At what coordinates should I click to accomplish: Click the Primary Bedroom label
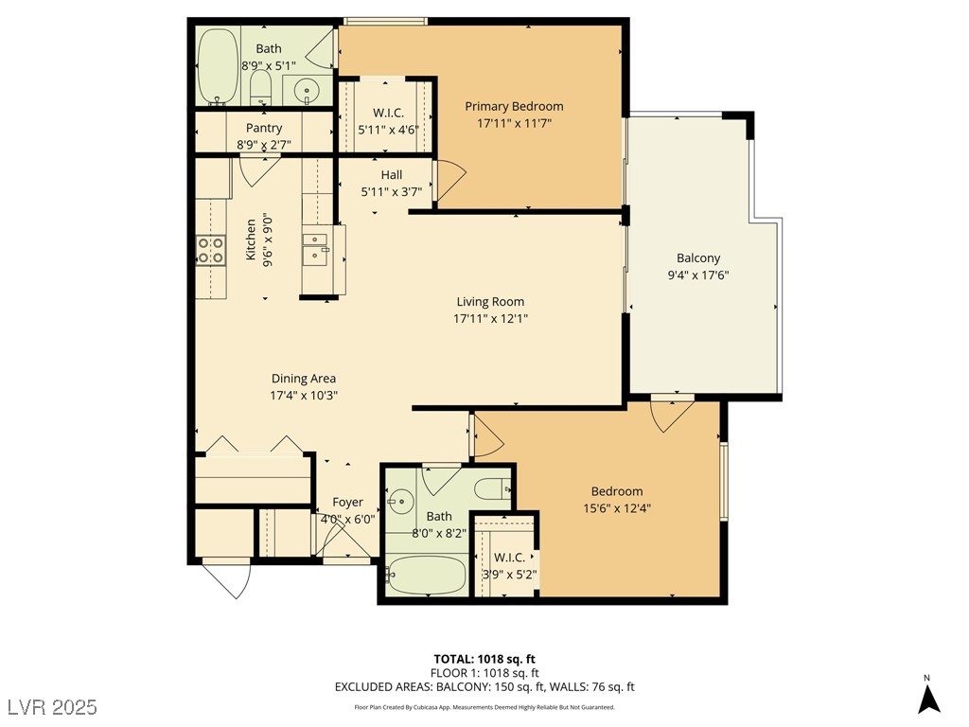(514, 106)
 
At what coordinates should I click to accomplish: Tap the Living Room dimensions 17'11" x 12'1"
(490, 319)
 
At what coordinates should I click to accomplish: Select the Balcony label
(698, 258)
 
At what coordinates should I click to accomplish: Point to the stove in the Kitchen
(211, 250)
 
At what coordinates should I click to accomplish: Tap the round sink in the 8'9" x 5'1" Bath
(306, 91)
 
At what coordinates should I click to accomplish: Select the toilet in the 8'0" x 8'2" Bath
(493, 489)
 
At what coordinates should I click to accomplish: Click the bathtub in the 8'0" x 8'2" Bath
(427, 575)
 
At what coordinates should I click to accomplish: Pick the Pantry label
(264, 128)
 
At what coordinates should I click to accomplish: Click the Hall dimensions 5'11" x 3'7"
(392, 192)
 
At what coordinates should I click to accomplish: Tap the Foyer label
(347, 503)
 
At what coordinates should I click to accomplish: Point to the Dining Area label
(304, 379)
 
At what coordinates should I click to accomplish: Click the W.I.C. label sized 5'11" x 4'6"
(388, 114)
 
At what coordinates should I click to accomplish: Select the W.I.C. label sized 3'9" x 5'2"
(509, 558)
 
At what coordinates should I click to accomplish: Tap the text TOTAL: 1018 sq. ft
(484, 659)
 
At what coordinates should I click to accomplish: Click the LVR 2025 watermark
(52, 706)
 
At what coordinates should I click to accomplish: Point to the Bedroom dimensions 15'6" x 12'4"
(617, 508)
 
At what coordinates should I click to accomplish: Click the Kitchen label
(251, 239)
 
